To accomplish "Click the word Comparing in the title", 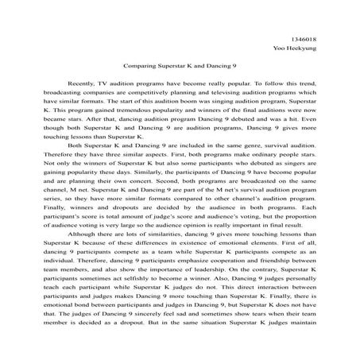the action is pos(141,69).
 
